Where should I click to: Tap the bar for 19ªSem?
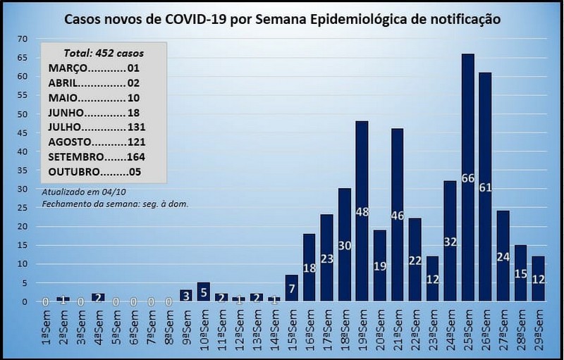click(x=362, y=211)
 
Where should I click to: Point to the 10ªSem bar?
click(x=203, y=292)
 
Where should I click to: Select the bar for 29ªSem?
click(x=538, y=279)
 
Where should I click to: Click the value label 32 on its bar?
click(x=450, y=242)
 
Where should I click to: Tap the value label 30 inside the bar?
click(x=344, y=246)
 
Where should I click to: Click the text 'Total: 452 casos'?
click(x=103, y=52)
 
